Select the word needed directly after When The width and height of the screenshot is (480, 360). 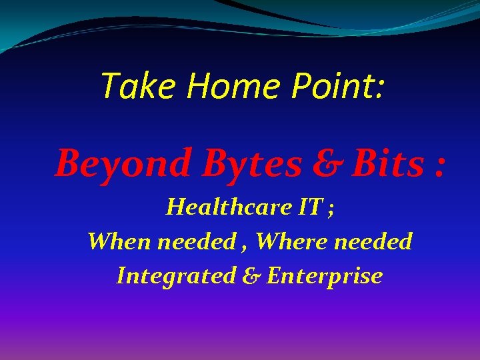(195, 241)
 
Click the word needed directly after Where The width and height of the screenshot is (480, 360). (373, 241)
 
